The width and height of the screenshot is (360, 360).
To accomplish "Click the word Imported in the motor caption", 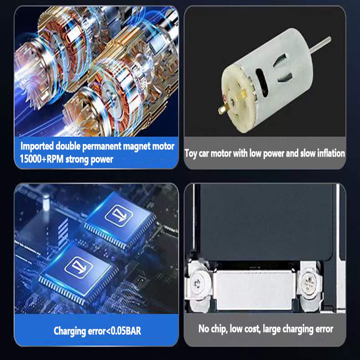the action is click(x=37, y=146).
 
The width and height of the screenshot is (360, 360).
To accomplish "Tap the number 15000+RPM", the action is click(x=41, y=159).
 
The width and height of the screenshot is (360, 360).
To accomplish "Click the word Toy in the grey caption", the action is click(x=191, y=153).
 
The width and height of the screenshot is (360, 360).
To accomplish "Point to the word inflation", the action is click(x=331, y=153).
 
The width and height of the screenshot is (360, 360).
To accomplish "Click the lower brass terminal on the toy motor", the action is click(x=223, y=108).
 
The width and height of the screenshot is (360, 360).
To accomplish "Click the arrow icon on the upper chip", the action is click(x=119, y=216).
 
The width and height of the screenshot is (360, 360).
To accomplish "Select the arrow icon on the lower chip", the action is click(x=78, y=267).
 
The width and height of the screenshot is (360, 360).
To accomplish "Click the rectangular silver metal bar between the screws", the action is click(x=255, y=289).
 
